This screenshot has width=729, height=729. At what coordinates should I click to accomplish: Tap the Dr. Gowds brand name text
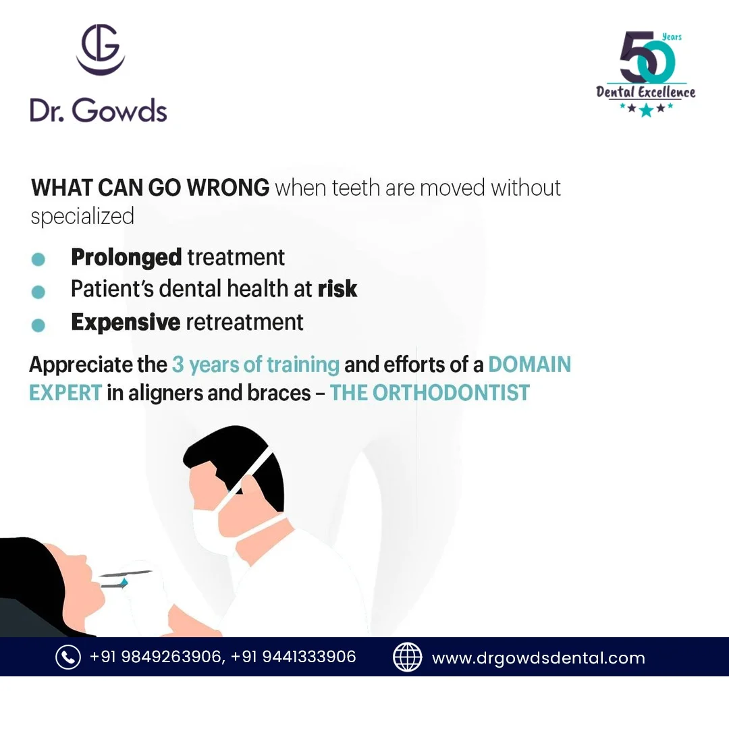(x=98, y=111)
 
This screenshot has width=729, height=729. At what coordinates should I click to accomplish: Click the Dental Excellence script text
(x=646, y=92)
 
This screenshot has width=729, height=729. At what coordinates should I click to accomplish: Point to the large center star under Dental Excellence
(x=646, y=110)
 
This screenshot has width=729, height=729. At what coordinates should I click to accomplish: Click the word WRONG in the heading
(x=228, y=188)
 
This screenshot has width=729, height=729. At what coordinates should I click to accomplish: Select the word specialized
(x=82, y=217)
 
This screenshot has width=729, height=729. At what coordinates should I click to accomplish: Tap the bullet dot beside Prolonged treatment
(x=38, y=259)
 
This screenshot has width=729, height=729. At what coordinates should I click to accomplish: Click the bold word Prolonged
(x=126, y=258)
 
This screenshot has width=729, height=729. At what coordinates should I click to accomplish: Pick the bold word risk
(x=337, y=289)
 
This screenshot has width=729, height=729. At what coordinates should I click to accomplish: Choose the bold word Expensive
(x=126, y=322)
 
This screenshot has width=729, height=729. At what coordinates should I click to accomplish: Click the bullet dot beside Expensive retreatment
(x=38, y=325)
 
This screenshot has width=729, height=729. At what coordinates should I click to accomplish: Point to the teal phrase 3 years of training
(x=256, y=365)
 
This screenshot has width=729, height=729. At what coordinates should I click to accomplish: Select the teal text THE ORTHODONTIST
(x=429, y=393)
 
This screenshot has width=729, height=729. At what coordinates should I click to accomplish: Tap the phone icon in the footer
(x=68, y=657)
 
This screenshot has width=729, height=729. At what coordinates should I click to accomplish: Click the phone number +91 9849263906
(x=157, y=657)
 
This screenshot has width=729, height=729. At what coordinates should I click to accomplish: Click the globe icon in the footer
(x=407, y=657)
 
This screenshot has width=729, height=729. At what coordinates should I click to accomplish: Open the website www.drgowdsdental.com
(x=539, y=658)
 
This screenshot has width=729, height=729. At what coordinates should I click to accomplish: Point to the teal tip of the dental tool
(x=124, y=583)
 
